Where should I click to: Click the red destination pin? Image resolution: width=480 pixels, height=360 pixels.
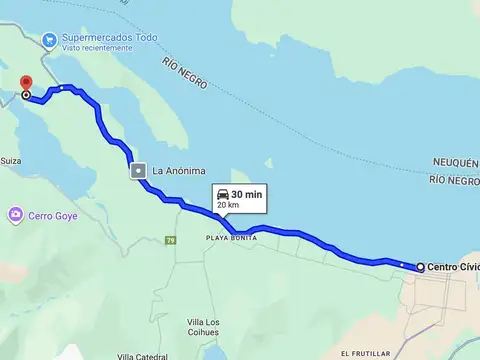click(25, 84)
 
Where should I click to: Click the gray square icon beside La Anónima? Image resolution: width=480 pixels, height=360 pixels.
click(137, 171)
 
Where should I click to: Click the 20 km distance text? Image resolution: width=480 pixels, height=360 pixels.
click(228, 205)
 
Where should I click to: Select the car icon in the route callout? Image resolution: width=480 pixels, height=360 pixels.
click(221, 194)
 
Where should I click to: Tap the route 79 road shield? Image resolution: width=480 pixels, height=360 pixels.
click(170, 240)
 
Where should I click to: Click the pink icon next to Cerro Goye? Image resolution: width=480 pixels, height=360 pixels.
click(15, 214)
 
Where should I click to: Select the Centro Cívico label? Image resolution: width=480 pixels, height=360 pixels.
click(453, 267)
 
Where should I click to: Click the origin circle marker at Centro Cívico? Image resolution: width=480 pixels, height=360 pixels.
click(420, 267)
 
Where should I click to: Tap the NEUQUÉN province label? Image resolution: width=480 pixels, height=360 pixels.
click(456, 161)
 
